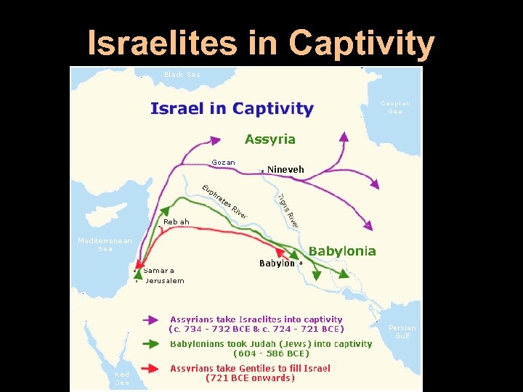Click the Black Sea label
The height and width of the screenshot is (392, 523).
tap(182, 74)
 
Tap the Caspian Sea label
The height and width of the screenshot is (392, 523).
tap(395, 107)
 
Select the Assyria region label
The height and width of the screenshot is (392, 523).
tap(270, 139)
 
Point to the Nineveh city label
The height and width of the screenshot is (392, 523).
tap(285, 169)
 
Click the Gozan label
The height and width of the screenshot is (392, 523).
tap(223, 163)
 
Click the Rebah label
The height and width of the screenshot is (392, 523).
tap(177, 221)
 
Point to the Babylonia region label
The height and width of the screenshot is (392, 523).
tap(342, 251)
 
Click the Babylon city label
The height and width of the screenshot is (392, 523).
tap(277, 264)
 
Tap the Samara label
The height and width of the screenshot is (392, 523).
tap(159, 270)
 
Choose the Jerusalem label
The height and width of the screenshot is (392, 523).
tap(165, 280)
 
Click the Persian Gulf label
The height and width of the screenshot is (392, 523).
tap(402, 332)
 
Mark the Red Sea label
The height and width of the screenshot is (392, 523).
tap(123, 378)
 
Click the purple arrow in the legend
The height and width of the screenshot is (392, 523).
tap(151, 319)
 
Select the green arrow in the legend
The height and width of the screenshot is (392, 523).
tap(151, 344)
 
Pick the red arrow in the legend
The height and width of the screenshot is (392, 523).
tap(151, 368)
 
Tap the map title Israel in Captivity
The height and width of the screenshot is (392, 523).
tap(232, 110)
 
